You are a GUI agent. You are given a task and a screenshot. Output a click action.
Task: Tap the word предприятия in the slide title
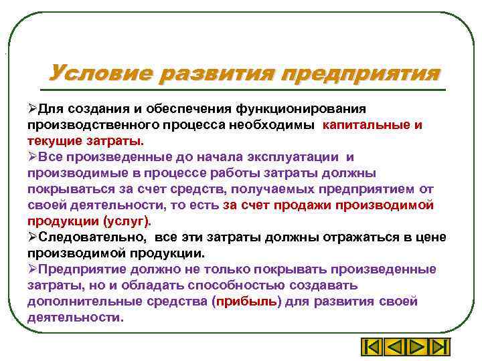(x=361, y=73)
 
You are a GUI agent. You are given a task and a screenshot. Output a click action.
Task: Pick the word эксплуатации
(x=288, y=157)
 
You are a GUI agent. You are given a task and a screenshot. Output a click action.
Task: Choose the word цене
(x=428, y=237)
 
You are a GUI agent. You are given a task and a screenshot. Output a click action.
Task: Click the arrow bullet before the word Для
(x=32, y=108)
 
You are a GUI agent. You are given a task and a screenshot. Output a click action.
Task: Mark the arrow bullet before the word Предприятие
(x=32, y=269)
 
